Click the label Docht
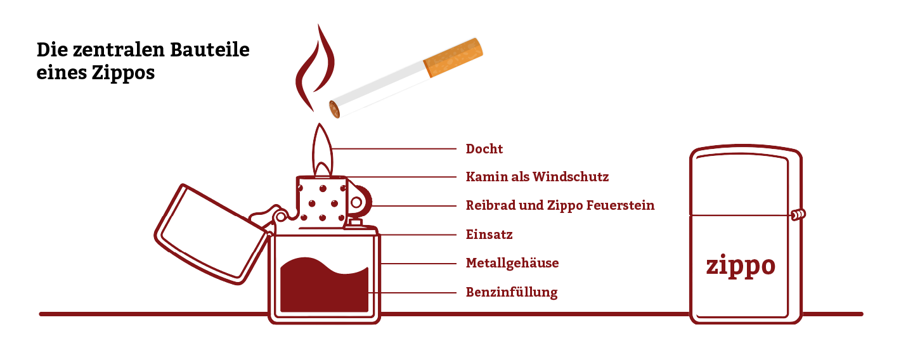point(484,149)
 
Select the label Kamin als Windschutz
point(537,176)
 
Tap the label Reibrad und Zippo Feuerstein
point(560,205)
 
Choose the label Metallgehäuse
point(512,263)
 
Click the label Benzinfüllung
point(512,292)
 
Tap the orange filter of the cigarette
point(454,57)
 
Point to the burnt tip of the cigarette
point(334,110)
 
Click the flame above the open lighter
point(322,152)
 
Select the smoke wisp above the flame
point(313,70)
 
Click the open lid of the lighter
point(209,235)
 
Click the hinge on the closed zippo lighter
point(798,215)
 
